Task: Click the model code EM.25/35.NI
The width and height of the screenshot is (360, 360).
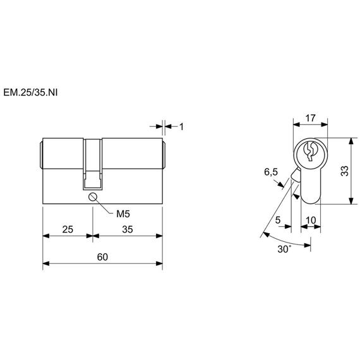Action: [x=30, y=92]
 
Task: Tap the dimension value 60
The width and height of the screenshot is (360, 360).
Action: [x=102, y=257]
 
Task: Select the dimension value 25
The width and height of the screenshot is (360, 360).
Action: [x=68, y=229]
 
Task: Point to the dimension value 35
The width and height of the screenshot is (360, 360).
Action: [x=128, y=229]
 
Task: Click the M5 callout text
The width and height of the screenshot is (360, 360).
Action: [x=123, y=214]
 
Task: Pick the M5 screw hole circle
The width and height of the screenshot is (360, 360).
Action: [x=92, y=197]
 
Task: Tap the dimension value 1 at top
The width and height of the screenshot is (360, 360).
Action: [x=181, y=127]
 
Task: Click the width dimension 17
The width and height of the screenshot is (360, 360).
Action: [x=310, y=118]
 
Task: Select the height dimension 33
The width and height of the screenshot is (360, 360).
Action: [x=345, y=171]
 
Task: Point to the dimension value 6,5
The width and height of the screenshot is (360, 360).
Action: [x=271, y=172]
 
